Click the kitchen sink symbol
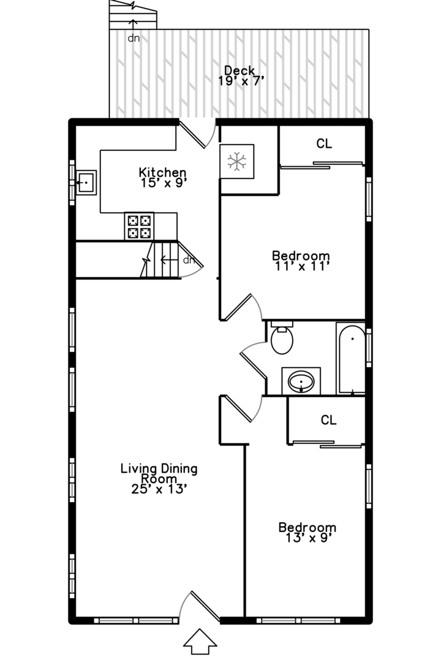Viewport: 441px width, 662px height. [86, 182]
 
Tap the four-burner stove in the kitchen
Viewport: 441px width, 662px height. [139, 226]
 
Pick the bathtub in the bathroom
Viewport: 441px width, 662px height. [351, 359]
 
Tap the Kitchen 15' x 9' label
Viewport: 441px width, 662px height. [162, 177]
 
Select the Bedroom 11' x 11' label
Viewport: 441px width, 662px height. [300, 261]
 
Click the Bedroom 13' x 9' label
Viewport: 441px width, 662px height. [307, 532]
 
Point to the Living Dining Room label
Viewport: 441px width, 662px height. [159, 478]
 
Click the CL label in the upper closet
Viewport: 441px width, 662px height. [324, 144]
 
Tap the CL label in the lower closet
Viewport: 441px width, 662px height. [329, 420]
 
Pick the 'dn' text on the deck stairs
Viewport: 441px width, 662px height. [133, 38]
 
